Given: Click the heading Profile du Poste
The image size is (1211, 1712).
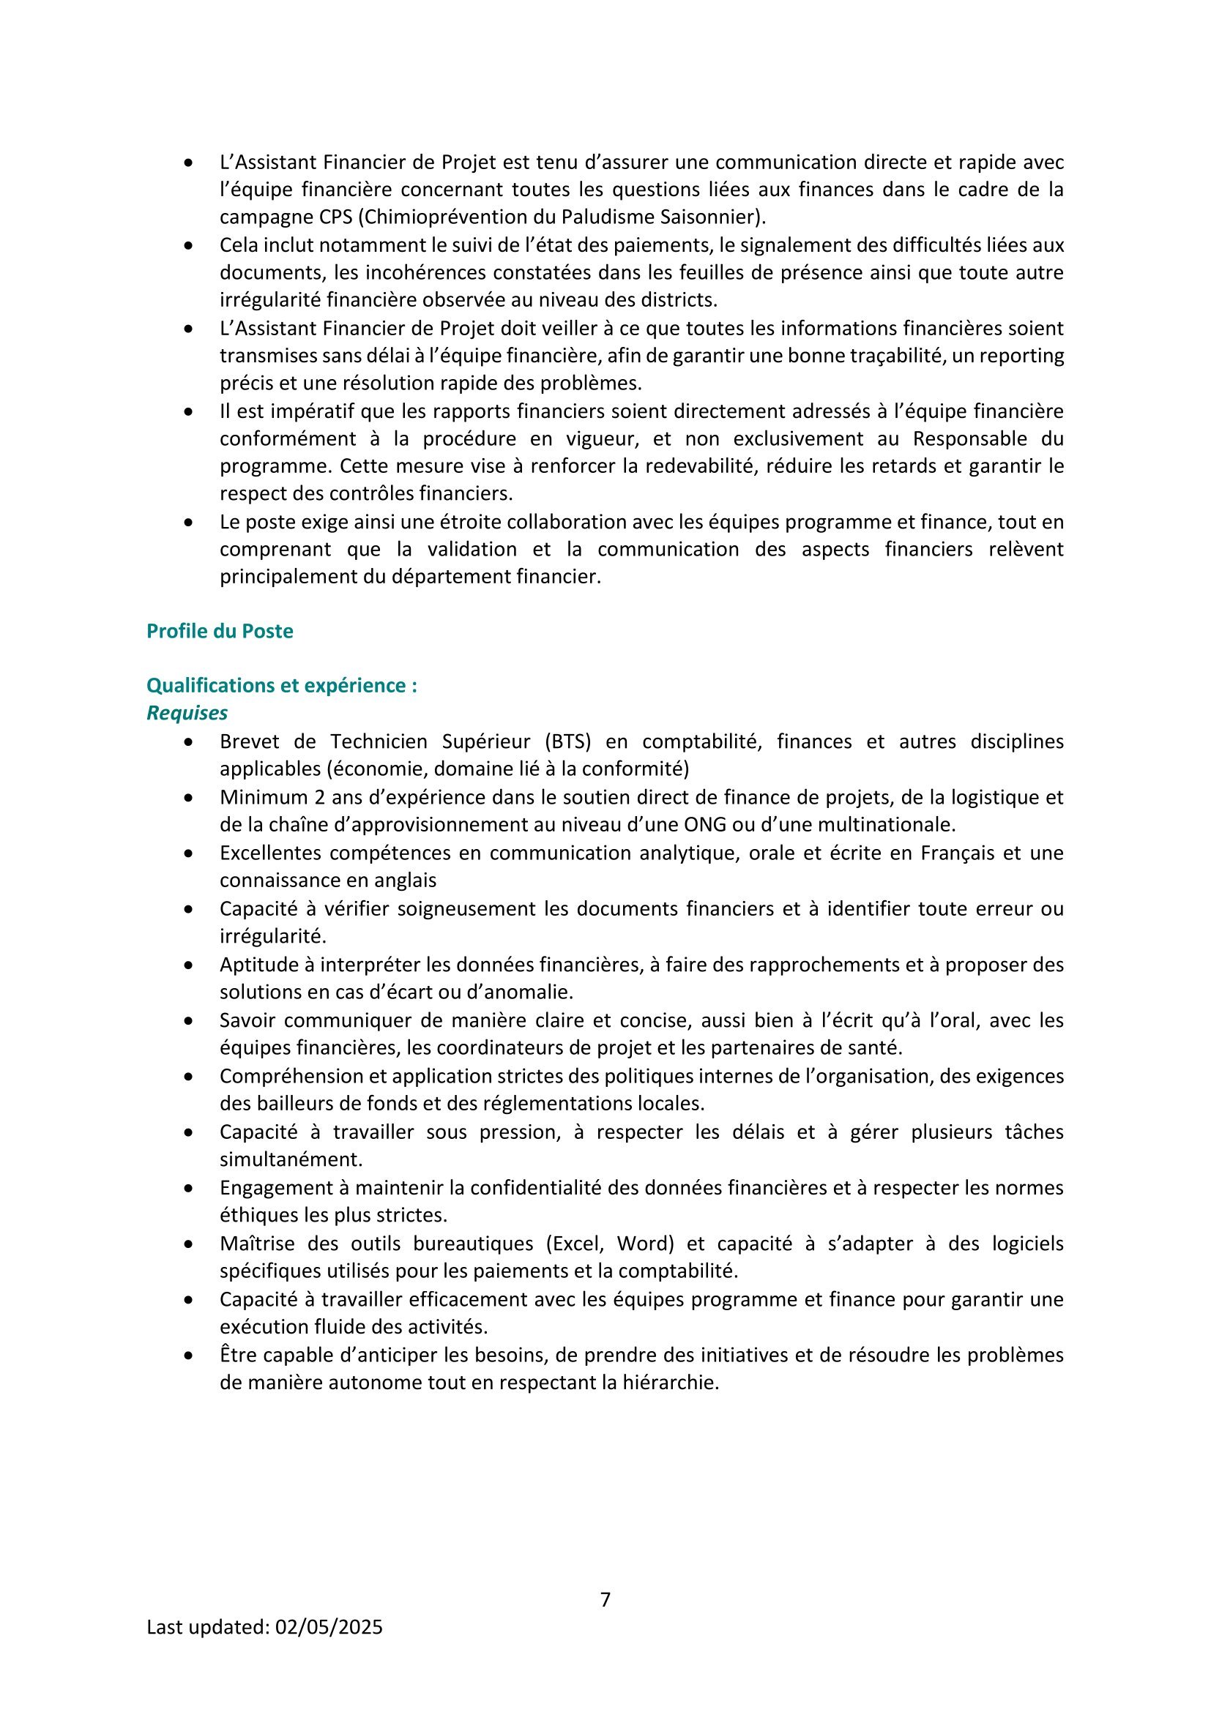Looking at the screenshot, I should [219, 632].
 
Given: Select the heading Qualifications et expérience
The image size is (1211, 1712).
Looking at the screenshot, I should [281, 686].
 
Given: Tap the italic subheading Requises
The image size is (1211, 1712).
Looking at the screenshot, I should [187, 714].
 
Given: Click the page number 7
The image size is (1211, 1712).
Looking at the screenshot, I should [605, 1599].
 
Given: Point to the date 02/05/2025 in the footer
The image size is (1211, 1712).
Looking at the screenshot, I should [329, 1627].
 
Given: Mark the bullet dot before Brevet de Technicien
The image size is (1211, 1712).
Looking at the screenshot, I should [190, 743].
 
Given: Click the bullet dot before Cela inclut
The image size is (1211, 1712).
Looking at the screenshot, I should [190, 245].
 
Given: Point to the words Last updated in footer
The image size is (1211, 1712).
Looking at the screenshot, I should [207, 1627].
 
